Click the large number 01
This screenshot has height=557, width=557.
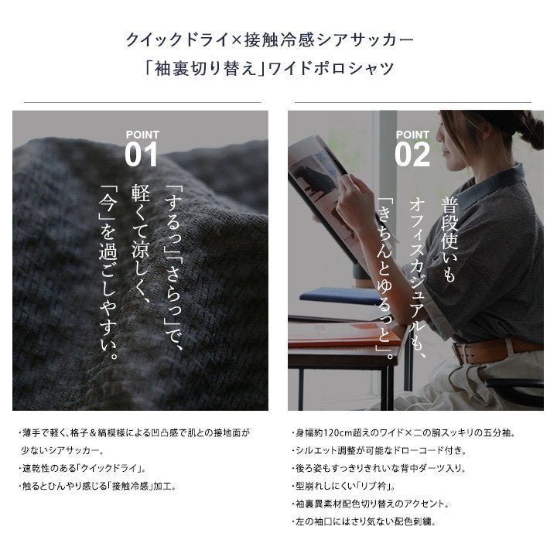coord(141,154)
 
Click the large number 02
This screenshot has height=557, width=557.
coord(412,154)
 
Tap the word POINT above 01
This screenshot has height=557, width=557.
coord(142,135)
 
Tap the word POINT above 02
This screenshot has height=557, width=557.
coord(412,135)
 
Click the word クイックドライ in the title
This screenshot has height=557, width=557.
coord(176,39)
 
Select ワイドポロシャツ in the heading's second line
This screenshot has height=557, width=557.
coord(330,68)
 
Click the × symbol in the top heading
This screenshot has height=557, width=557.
coord(235,40)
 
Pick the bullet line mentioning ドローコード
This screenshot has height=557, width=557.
coord(378,450)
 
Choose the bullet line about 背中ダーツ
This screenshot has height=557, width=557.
coord(378,468)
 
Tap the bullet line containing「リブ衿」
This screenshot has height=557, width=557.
coord(343,486)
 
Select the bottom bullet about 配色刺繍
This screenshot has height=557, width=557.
coord(364,521)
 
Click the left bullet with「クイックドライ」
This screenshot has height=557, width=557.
coord(83,468)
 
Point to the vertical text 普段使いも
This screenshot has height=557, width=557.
coord(449,239)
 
